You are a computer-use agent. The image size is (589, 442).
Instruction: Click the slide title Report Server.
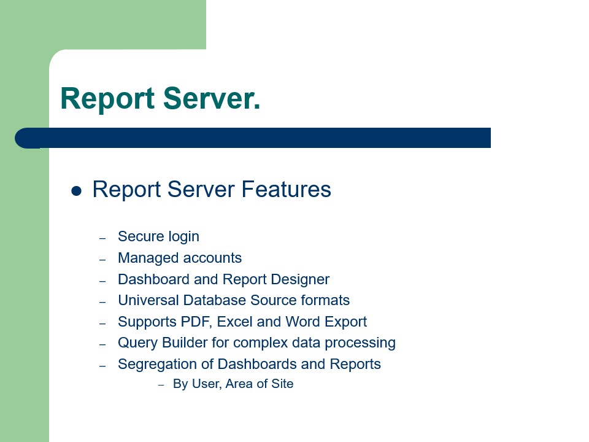point(160,99)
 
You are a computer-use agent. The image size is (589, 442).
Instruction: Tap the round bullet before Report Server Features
point(77,191)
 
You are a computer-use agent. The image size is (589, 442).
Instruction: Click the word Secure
point(138,236)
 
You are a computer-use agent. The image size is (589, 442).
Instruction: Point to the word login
point(181,237)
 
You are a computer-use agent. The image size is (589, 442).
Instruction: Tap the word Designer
point(301,280)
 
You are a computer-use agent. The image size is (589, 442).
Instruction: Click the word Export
point(347,322)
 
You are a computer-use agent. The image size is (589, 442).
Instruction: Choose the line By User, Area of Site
point(233,384)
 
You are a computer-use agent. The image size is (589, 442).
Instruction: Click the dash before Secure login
point(102,238)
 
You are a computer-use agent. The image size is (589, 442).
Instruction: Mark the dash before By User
point(161,385)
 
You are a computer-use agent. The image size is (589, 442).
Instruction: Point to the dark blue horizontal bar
point(258,138)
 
